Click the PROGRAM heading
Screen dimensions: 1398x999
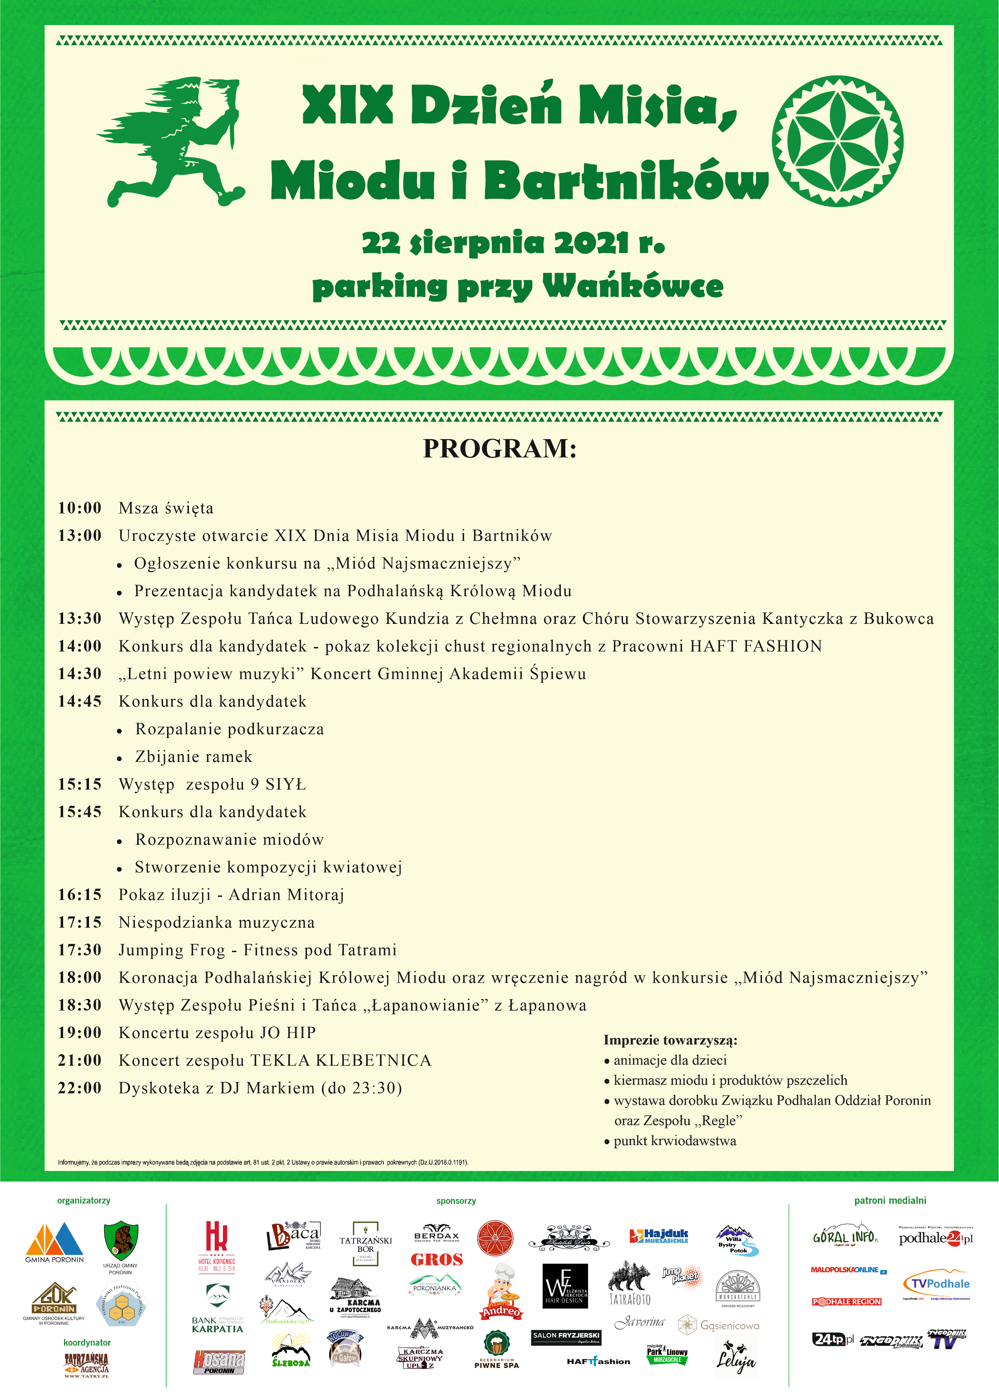tap(499, 449)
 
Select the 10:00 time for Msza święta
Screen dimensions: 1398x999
tap(80, 508)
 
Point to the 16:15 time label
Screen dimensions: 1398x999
tap(80, 895)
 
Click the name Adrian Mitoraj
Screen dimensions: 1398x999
tap(286, 895)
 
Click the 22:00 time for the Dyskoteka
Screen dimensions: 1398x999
tap(80, 1088)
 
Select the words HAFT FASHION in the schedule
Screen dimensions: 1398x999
tap(756, 646)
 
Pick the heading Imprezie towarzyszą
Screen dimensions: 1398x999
tap(670, 1040)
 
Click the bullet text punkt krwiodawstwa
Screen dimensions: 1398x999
tap(675, 1141)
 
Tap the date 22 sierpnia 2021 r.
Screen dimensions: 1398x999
tap(513, 243)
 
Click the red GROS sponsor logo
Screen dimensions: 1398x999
tap(437, 1260)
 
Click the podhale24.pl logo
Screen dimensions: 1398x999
tap(935, 1238)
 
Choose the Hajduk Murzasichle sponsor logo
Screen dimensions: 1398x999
tap(659, 1236)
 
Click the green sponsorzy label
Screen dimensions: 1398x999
tap(456, 1200)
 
